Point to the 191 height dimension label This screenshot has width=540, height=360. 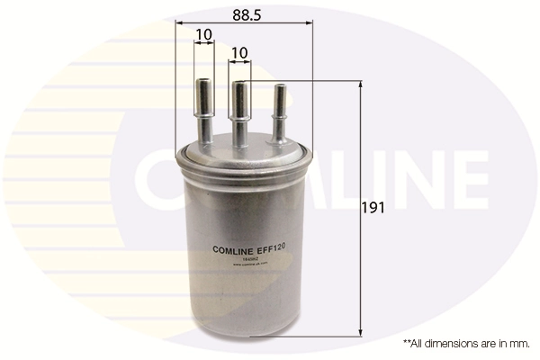[x=373, y=208]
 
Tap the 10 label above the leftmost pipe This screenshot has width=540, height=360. [x=203, y=35]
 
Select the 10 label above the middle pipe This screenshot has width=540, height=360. [x=239, y=54]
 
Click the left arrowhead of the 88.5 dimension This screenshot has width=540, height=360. [x=178, y=21]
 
